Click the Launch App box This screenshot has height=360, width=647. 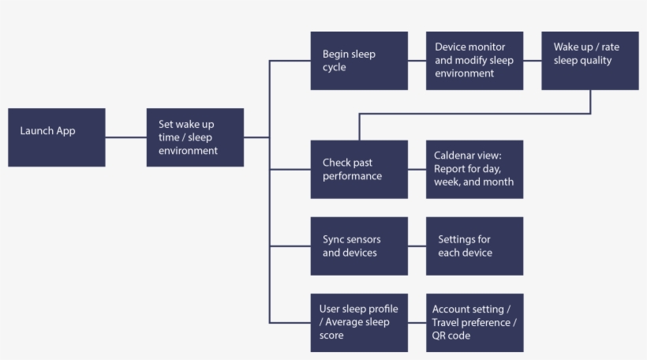pos(57,137)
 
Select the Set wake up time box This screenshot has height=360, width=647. pos(195,137)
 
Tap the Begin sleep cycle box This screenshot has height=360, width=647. pos(359,61)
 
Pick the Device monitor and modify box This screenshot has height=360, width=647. pos(474,61)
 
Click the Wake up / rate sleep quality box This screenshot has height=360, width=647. pos(589,61)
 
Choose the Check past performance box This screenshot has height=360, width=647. pos(359,169)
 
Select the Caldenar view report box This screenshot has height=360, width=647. pos(474,169)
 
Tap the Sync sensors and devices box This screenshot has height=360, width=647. pos(359,246)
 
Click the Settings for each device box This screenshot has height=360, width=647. pos(474,246)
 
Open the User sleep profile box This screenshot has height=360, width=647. pos(359,322)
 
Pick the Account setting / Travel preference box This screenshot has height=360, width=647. pos(474,322)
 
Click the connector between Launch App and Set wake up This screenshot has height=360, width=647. pos(126,137)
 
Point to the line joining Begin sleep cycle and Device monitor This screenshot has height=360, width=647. pos(417,61)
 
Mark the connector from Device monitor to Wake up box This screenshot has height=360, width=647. pos(533,61)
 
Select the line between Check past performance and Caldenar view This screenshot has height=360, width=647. pos(417,169)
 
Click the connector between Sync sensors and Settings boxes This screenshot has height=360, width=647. pos(417,246)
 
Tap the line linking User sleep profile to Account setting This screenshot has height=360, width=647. pos(417,322)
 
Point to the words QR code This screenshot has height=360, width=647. pos(451,336)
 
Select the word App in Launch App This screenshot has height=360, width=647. pos(65,131)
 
